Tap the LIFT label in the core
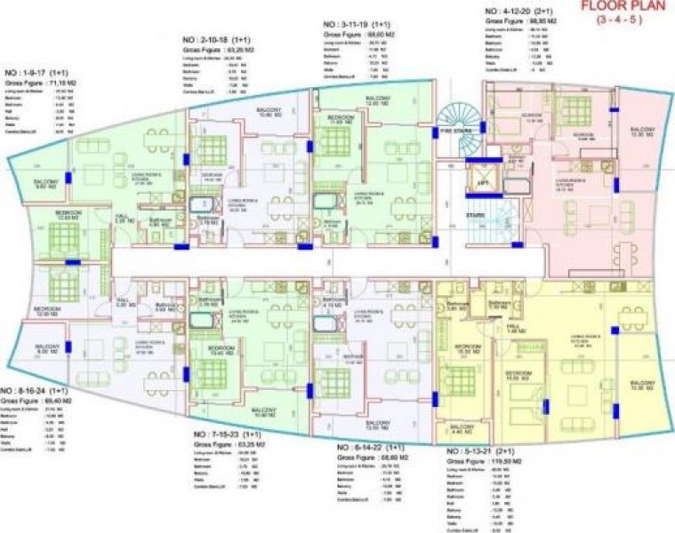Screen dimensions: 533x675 tap(483, 183)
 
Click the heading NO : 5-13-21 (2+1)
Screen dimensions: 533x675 tap(486, 450)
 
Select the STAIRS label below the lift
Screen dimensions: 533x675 tap(483, 216)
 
